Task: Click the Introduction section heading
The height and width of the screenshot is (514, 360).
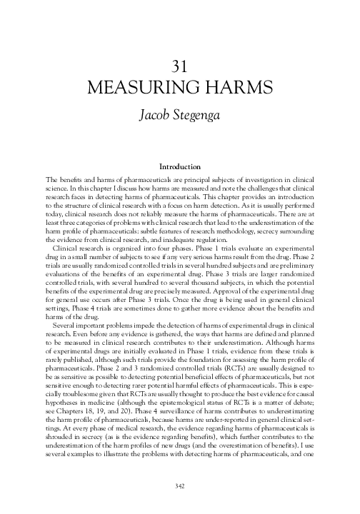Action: click(179, 166)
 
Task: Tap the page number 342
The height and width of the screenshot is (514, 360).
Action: click(179, 485)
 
